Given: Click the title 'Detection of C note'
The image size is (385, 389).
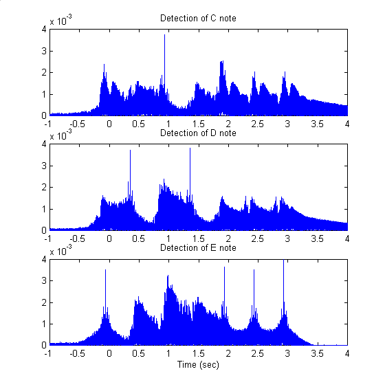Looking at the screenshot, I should pyautogui.click(x=198, y=18).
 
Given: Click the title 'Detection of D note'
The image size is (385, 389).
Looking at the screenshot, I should pyautogui.click(x=198, y=133).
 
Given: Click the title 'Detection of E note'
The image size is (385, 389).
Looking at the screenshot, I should pyautogui.click(x=198, y=247).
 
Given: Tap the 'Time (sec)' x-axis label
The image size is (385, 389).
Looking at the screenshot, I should pyautogui.click(x=198, y=364).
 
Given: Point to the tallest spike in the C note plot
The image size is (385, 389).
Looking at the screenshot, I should pyautogui.click(x=164, y=36).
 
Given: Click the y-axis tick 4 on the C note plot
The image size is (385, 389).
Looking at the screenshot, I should pyautogui.click(x=43, y=29).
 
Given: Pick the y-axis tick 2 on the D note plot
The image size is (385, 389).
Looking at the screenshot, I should pyautogui.click(x=43, y=187).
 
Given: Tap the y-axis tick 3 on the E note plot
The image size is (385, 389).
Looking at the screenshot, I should pyautogui.click(x=43, y=280).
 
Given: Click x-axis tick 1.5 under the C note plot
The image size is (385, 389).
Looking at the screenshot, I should pyautogui.click(x=198, y=124).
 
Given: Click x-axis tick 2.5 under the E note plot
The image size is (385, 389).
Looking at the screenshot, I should pyautogui.click(x=258, y=353).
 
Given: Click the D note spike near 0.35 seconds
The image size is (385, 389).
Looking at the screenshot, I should pyautogui.click(x=130, y=151).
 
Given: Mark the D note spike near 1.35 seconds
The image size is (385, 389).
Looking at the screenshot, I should pyautogui.click(x=190, y=149).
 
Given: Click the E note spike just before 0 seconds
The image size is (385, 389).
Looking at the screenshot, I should pyautogui.click(x=105, y=271).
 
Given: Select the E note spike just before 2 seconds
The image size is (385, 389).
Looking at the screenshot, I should pyautogui.click(x=224, y=268).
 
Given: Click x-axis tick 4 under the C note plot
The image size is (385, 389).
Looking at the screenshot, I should pyautogui.click(x=346, y=124).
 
